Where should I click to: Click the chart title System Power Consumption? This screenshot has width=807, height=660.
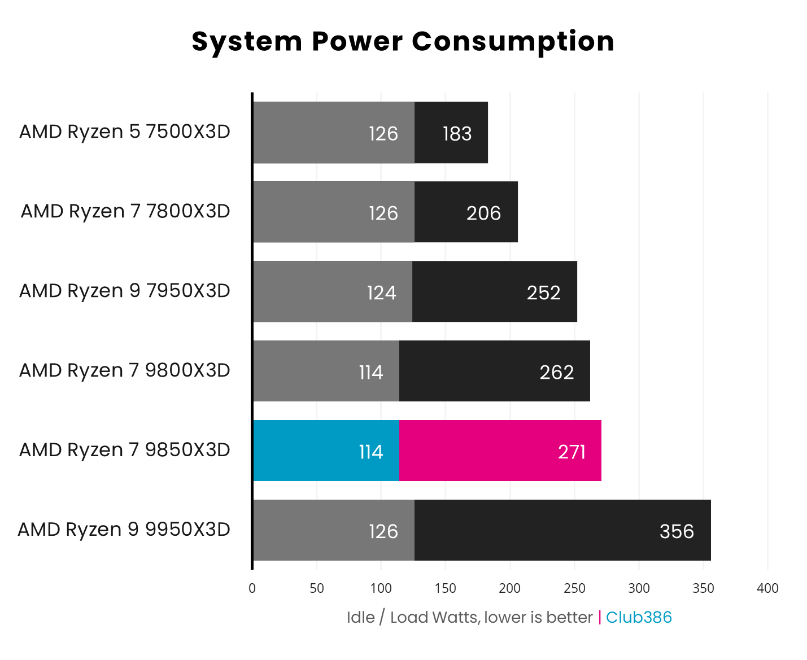[x=403, y=41]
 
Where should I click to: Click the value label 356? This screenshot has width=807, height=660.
[x=677, y=531]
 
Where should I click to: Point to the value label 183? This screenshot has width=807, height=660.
[x=457, y=134]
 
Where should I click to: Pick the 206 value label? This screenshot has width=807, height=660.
[x=483, y=213]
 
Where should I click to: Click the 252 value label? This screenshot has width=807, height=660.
[x=543, y=293]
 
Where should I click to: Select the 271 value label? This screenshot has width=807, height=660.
[x=572, y=452]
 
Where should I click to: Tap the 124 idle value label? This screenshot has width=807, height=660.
[x=382, y=293]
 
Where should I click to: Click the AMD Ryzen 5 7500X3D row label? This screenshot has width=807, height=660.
[x=125, y=132]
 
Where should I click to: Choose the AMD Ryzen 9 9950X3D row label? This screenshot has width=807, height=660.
[x=124, y=530]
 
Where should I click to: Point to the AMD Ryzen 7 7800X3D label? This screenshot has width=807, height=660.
[x=125, y=211]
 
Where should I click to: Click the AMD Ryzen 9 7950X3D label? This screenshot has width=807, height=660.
[x=125, y=291]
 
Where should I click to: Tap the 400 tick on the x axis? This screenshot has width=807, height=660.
[x=767, y=588]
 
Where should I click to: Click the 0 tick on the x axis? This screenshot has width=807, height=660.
[x=252, y=588]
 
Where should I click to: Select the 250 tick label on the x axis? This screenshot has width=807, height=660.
[x=574, y=588]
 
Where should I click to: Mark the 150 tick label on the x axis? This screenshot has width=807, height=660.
[x=446, y=588]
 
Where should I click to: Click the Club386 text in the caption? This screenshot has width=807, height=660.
[x=639, y=617]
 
